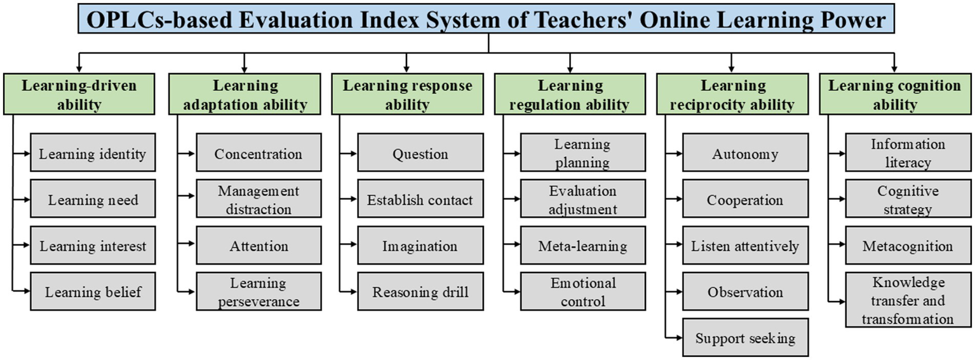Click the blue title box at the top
point(487,20)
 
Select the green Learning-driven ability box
point(79,95)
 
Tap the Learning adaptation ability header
point(245,95)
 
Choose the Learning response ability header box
point(407,95)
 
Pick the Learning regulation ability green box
point(570,95)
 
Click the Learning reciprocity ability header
point(732,95)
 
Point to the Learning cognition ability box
point(894,95)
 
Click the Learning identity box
point(93,153)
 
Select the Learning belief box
point(93,291)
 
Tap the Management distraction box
point(258,199)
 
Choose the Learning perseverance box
point(258,291)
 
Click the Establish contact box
point(420,199)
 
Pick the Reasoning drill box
point(420,291)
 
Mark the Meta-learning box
point(582,246)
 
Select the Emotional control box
point(582,291)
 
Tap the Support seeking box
point(745,338)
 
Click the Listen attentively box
point(745,246)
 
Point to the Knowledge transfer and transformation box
point(907,300)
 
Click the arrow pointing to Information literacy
point(838,153)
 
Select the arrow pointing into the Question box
point(350,153)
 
